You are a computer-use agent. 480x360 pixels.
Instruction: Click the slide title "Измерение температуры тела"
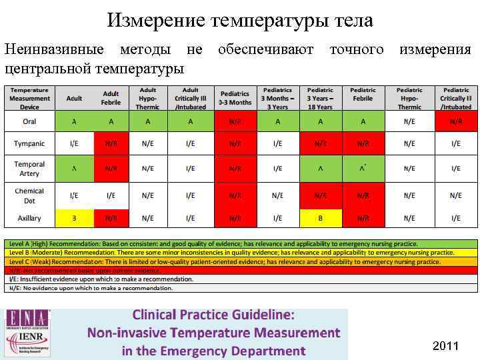pyautogui.click(x=240, y=21)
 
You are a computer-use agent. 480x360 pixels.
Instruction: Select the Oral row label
pyautogui.click(x=29, y=121)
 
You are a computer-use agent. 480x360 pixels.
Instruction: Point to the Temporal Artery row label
pyautogui.click(x=29, y=169)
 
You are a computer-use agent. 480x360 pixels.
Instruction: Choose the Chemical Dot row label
pyautogui.click(x=29, y=195)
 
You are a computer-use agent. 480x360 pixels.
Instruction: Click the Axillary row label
pyautogui.click(x=29, y=218)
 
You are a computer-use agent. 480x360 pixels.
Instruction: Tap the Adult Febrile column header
pyautogui.click(x=111, y=99)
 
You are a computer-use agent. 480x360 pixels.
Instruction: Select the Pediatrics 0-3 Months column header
pyautogui.click(x=235, y=99)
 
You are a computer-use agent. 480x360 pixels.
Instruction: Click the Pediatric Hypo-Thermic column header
pyautogui.click(x=409, y=99)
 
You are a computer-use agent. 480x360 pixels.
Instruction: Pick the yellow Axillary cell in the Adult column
pyautogui.click(x=74, y=218)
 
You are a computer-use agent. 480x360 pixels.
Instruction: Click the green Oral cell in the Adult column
pyautogui.click(x=74, y=121)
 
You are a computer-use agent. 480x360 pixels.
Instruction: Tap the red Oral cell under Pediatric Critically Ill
pyautogui.click(x=456, y=121)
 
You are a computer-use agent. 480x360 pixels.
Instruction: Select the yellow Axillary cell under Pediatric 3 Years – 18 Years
pyautogui.click(x=321, y=218)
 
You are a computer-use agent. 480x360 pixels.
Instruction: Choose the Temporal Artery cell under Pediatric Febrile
pyautogui.click(x=363, y=169)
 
